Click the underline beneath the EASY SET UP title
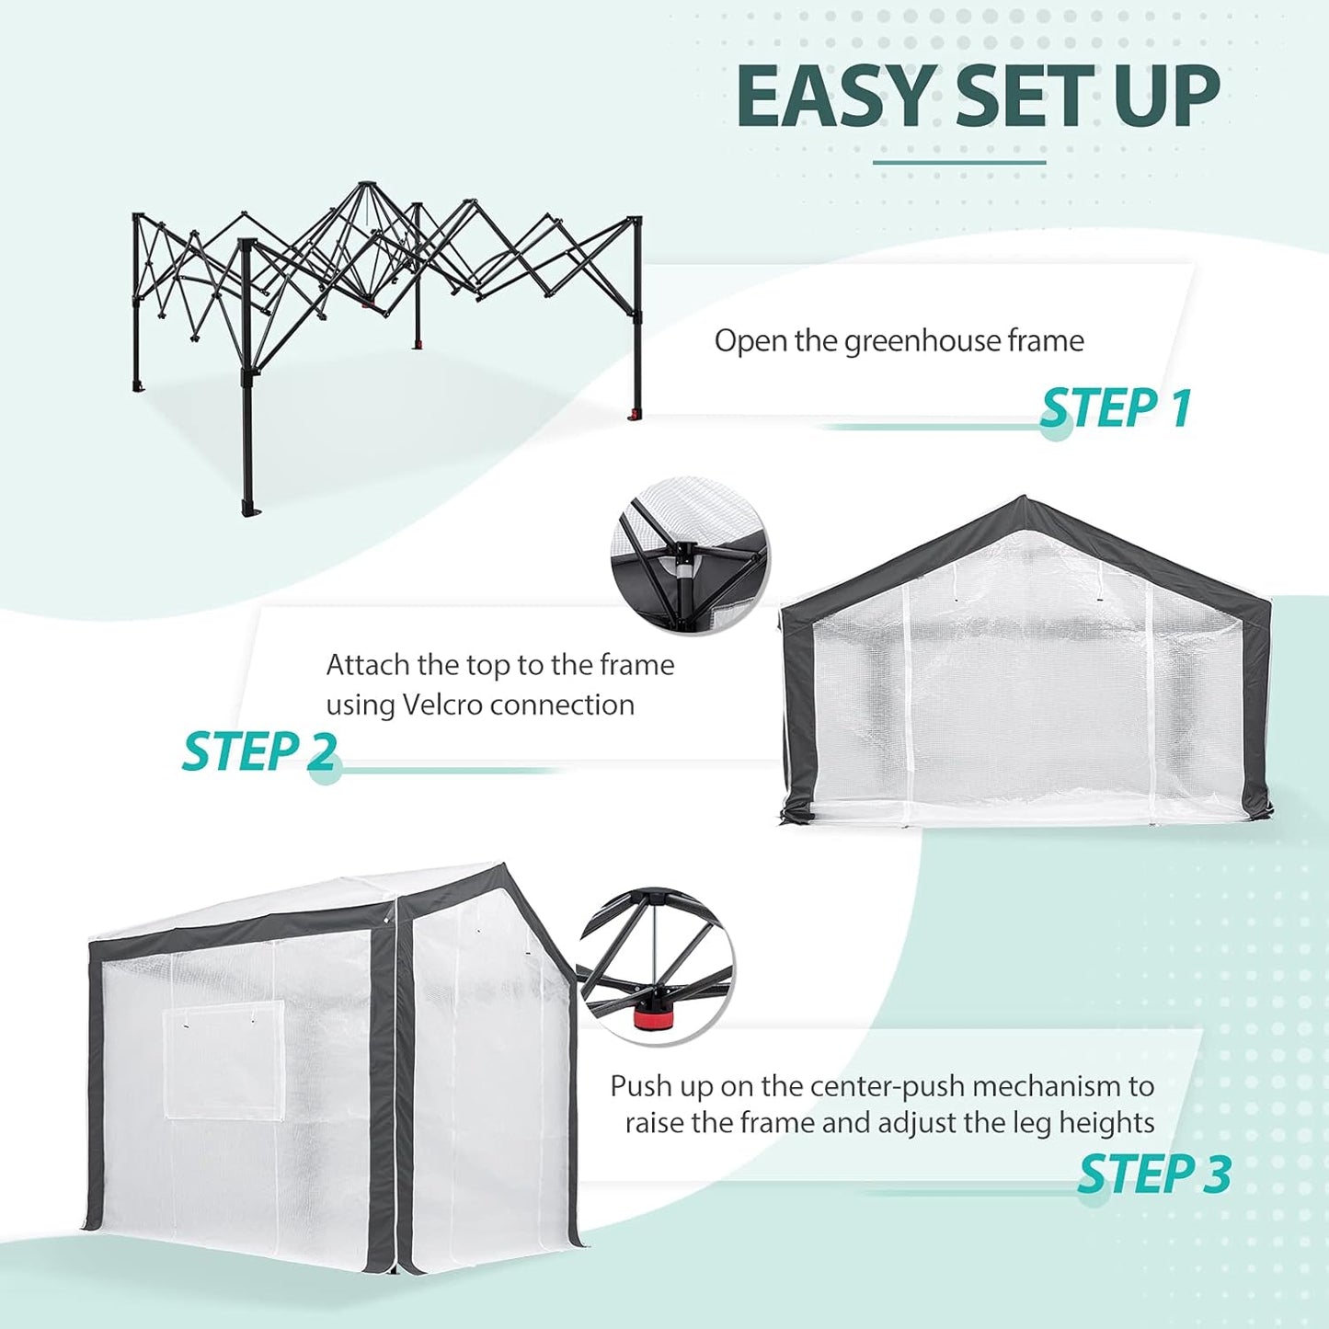958,163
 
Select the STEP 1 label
1116,408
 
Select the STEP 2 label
259,751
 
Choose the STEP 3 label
1153,1174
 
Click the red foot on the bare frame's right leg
634,415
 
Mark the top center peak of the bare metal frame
367,185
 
